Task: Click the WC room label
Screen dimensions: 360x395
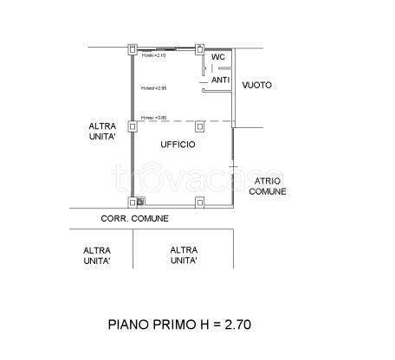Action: pos(218,57)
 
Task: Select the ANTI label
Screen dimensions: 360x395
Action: pos(220,80)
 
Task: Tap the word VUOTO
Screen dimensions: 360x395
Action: pos(257,85)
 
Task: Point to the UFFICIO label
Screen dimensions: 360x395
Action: pos(178,145)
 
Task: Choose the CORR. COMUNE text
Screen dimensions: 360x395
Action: pos(134,219)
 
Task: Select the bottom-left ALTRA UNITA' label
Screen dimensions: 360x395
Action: pos(96,255)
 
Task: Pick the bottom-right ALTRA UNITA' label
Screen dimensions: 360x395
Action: pos(183,255)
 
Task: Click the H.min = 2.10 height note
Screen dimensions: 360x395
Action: pos(153,55)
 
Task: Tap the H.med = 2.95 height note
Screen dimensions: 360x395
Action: pos(154,87)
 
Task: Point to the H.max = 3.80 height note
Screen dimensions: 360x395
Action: pos(154,118)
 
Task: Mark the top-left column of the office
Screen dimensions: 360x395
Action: pos(132,48)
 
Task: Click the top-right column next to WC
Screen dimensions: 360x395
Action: pos(199,48)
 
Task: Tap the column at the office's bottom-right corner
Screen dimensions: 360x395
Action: pos(199,203)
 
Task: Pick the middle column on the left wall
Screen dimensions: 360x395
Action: pos(132,126)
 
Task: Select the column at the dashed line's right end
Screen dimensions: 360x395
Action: pos(199,123)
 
